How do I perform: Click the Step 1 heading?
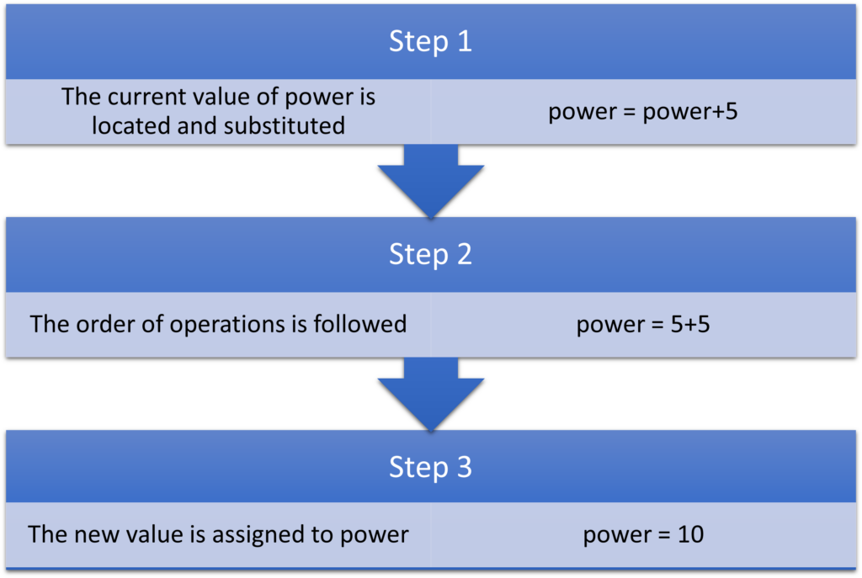pyautogui.click(x=430, y=42)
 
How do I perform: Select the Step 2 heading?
pyautogui.click(x=430, y=255)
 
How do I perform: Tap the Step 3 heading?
pyautogui.click(x=430, y=468)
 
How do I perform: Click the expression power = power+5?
pyautogui.click(x=643, y=112)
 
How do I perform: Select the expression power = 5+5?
pyautogui.click(x=643, y=324)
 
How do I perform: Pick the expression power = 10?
pyautogui.click(x=643, y=534)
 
